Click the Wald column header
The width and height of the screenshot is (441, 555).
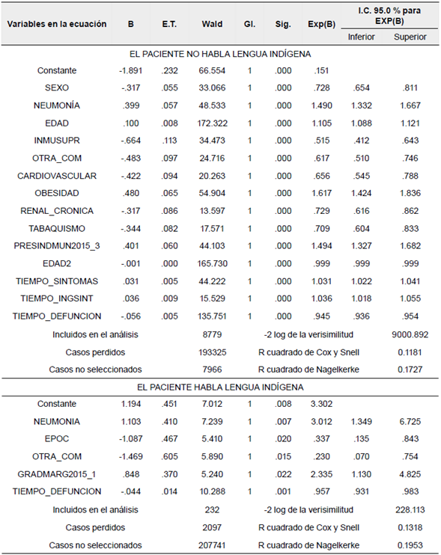(212, 24)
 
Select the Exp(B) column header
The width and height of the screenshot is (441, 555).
(320, 24)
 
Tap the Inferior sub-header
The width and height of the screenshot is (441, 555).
(362, 36)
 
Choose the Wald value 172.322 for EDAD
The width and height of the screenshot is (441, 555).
(212, 123)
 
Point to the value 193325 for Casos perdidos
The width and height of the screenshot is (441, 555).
(212, 352)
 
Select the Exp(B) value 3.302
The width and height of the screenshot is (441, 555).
(320, 404)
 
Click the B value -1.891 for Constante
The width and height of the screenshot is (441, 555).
(131, 70)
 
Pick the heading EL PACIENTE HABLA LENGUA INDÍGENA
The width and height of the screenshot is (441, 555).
(220, 387)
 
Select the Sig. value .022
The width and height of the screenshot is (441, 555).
(282, 474)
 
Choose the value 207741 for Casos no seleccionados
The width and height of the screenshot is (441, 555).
(212, 545)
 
